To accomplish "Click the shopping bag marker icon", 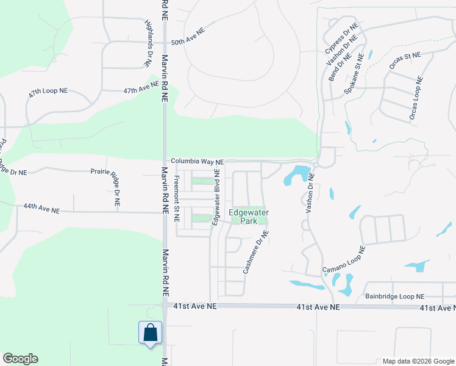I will (x=151, y=333).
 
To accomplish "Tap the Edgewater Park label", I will (x=249, y=217).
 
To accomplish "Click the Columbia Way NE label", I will (x=197, y=162).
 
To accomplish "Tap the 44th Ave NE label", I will (x=41, y=209).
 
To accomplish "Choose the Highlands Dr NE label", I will (x=149, y=42).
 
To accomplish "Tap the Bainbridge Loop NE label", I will (x=394, y=296).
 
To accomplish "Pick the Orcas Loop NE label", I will (x=415, y=98).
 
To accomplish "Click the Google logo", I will (x=20, y=359).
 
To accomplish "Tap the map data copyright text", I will (x=418, y=362).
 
